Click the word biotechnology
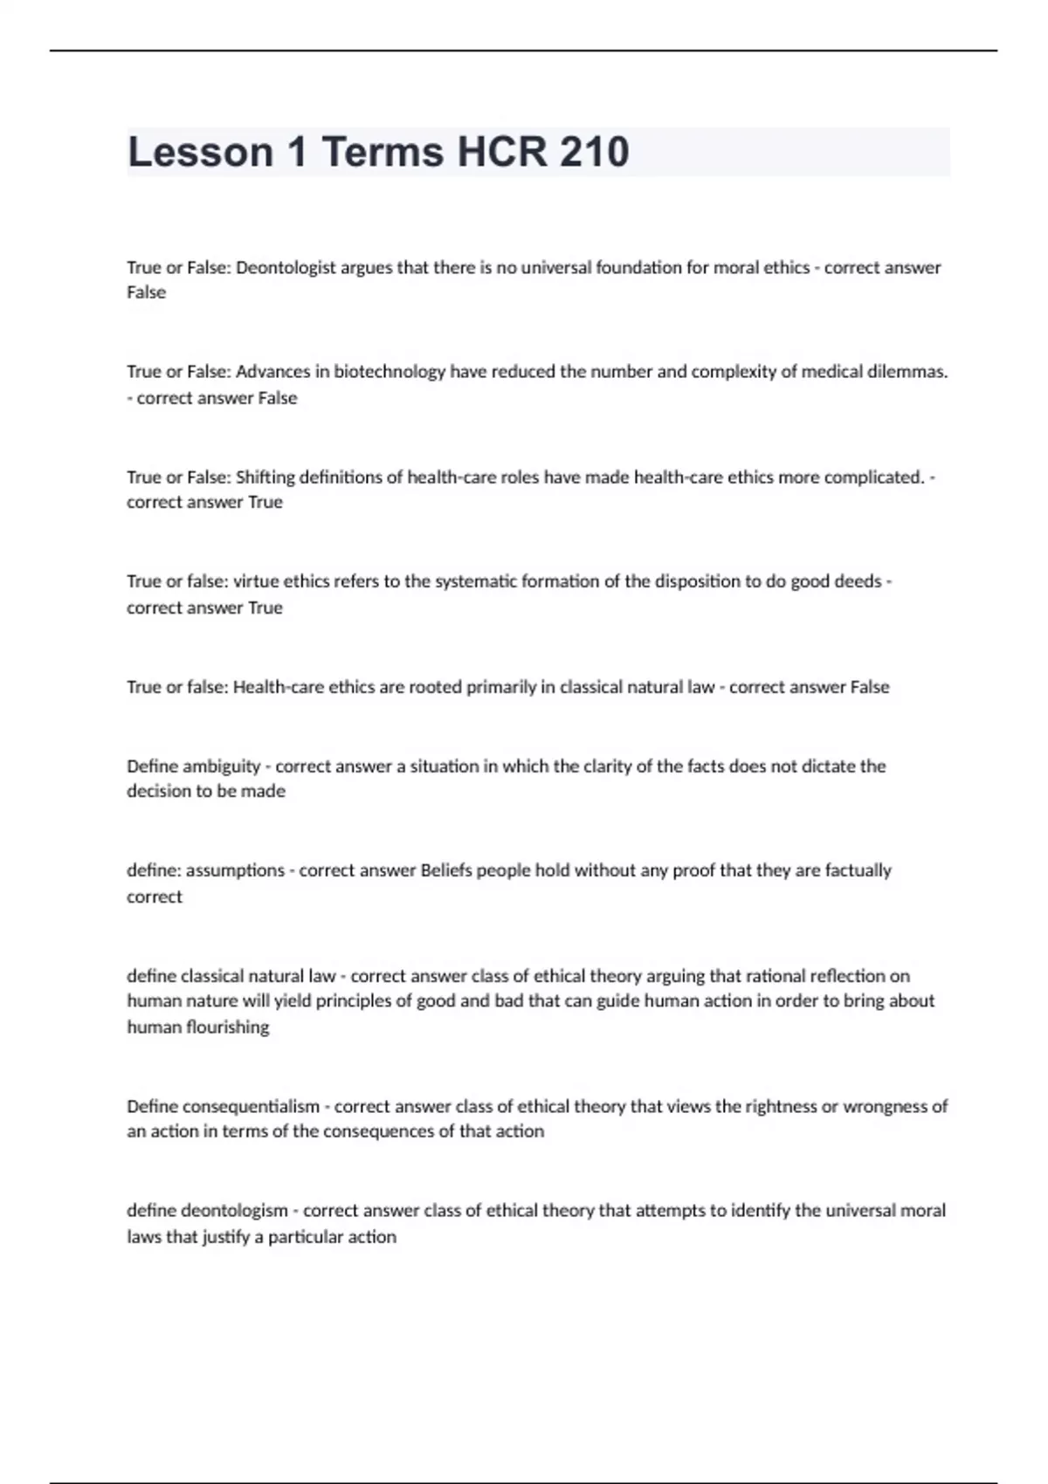(390, 372)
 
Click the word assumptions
(235, 870)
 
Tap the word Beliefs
(448, 870)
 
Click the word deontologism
(234, 1211)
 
